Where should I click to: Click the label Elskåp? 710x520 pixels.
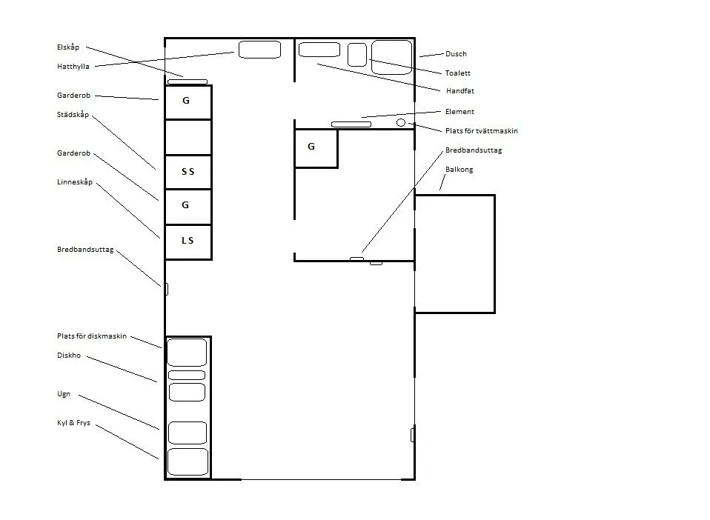coord(68,47)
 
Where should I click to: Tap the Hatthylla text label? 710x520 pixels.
coord(73,67)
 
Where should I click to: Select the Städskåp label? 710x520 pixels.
coord(73,115)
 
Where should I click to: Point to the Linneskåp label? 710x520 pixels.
coord(75,182)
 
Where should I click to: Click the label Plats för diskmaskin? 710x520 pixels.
coord(92,336)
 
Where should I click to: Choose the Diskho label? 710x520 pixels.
coord(69,356)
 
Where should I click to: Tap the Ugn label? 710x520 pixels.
coord(64,394)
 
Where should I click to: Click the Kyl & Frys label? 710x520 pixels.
coord(73,423)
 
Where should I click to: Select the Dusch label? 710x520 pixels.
coord(456,54)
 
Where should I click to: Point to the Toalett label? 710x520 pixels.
coord(458,73)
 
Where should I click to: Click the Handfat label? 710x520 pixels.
coord(460,91)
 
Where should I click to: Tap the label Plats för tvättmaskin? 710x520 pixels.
coord(481,131)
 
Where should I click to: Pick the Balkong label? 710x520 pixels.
coord(459,170)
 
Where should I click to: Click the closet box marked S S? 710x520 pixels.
coord(188,172)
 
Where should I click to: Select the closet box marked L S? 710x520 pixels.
coord(188,241)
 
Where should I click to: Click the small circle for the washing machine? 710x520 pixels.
coord(401,123)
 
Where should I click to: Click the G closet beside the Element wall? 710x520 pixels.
coord(316,148)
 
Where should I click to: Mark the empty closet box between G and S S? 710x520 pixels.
coord(188,138)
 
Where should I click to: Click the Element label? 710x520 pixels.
coord(459,112)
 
